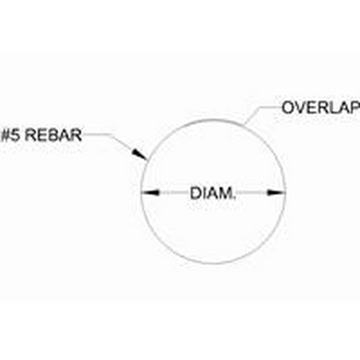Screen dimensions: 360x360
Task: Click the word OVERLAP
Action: [321, 108]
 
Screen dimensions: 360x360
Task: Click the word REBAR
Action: [53, 135]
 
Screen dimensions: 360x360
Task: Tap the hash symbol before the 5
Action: [5, 135]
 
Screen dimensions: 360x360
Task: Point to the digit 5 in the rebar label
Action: [15, 135]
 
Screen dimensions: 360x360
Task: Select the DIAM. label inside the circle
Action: [213, 193]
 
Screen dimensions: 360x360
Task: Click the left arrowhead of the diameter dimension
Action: [151, 192]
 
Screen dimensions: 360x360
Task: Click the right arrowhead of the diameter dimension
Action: [276, 192]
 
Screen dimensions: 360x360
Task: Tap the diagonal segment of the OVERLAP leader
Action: [252, 116]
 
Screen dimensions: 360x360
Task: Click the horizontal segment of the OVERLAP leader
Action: [271, 106]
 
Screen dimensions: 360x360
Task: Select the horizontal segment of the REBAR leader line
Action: [97, 134]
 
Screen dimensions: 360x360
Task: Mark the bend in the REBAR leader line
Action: [112, 135]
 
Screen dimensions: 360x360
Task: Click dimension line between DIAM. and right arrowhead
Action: [251, 192]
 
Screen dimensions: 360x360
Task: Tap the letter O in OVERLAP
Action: [288, 108]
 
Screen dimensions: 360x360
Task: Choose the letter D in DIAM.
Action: [195, 193]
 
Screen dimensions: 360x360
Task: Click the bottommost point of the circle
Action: [213, 264]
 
